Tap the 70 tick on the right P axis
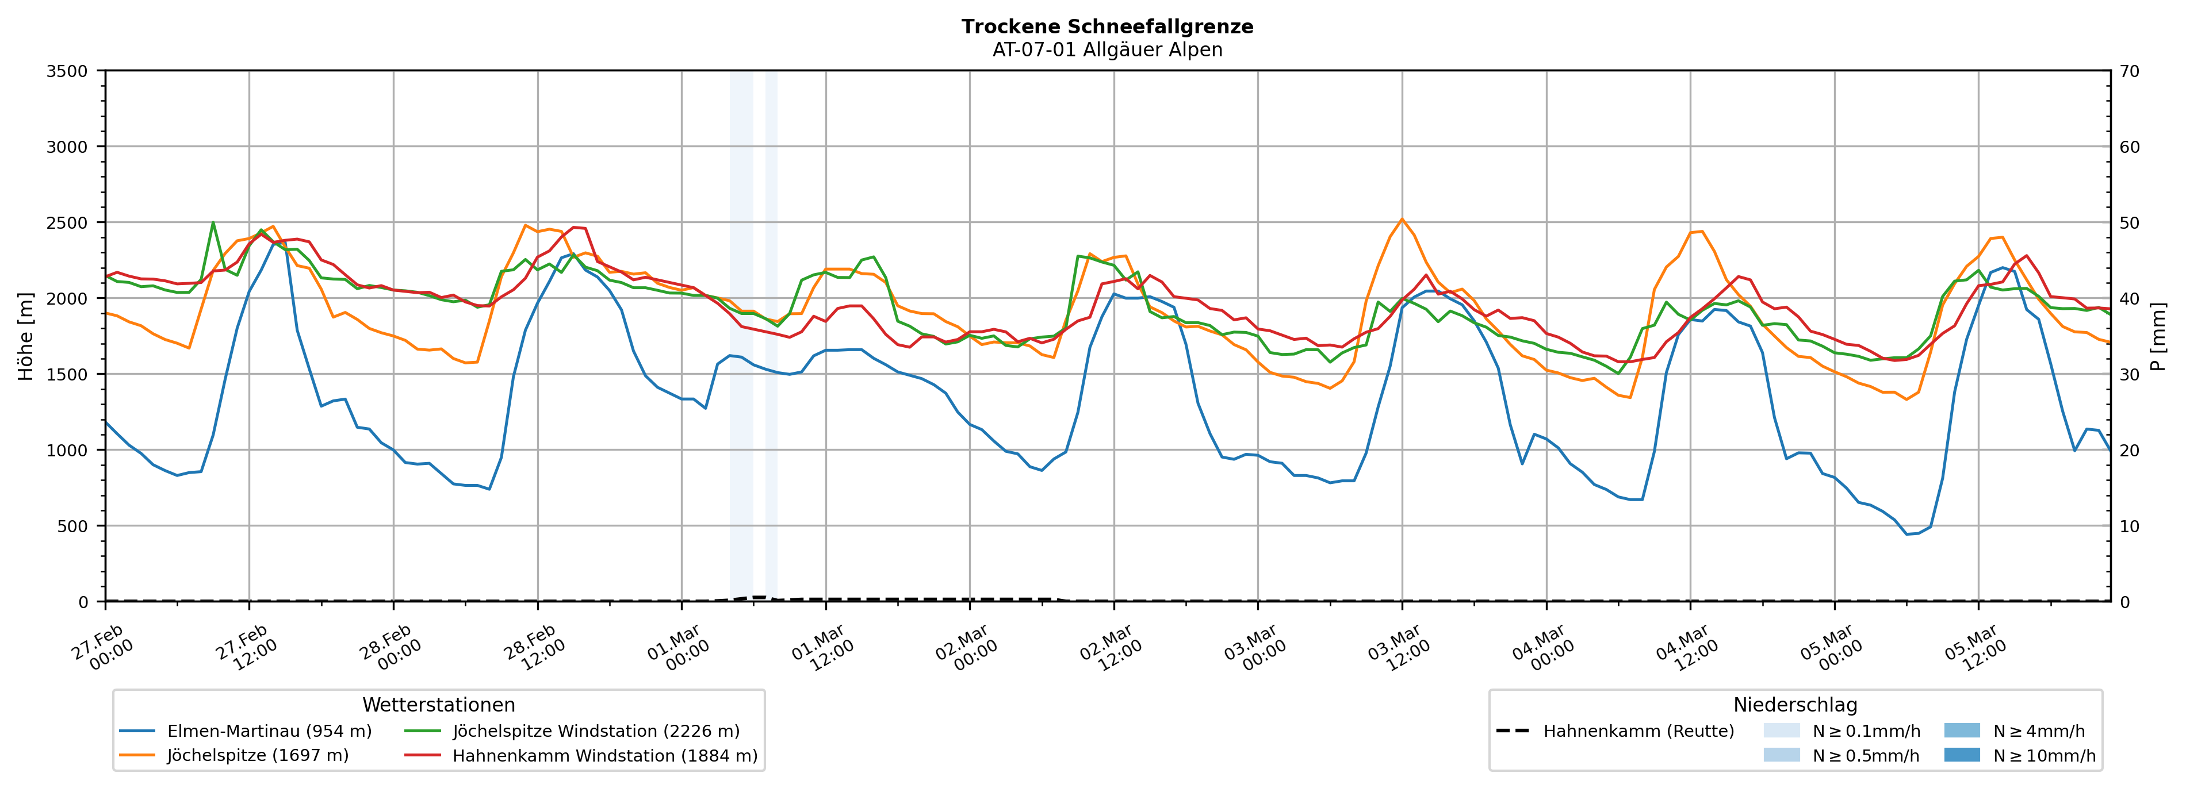2129,71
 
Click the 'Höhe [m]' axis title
25,337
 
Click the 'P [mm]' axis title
2158,337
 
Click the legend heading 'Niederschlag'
1795,705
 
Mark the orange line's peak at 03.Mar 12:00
1402,219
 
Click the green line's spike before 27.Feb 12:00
212,223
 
